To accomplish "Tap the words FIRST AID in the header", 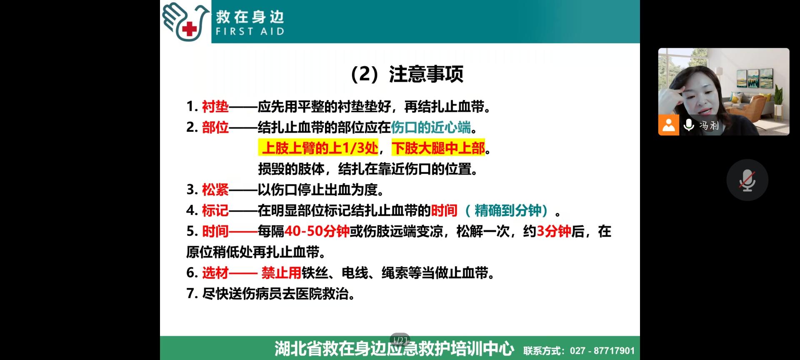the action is pyautogui.click(x=250, y=31).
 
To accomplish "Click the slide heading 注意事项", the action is pyautogui.click(x=426, y=74).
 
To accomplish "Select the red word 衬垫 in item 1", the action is pyautogui.click(x=215, y=107).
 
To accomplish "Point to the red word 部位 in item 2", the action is pyautogui.click(x=215, y=127).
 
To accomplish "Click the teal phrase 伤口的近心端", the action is pyautogui.click(x=431, y=127).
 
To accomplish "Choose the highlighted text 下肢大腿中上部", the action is pyautogui.click(x=438, y=148).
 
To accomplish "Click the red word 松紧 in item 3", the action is pyautogui.click(x=215, y=190).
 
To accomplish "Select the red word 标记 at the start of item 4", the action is pyautogui.click(x=215, y=210).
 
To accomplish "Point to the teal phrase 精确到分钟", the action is pyautogui.click(x=508, y=210).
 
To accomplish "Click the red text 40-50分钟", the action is pyautogui.click(x=317, y=231).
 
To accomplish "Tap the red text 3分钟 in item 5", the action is pyautogui.click(x=553, y=231).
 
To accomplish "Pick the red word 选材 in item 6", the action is pyautogui.click(x=215, y=273).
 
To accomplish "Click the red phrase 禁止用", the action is pyautogui.click(x=281, y=273).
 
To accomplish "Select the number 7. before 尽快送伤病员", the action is pyautogui.click(x=192, y=294).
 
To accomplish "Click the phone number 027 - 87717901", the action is pyautogui.click(x=602, y=351).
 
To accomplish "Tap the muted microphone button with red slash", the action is pyautogui.click(x=747, y=180).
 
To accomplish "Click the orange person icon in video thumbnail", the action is pyautogui.click(x=668, y=125).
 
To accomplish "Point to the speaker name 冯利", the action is pyautogui.click(x=709, y=125).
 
